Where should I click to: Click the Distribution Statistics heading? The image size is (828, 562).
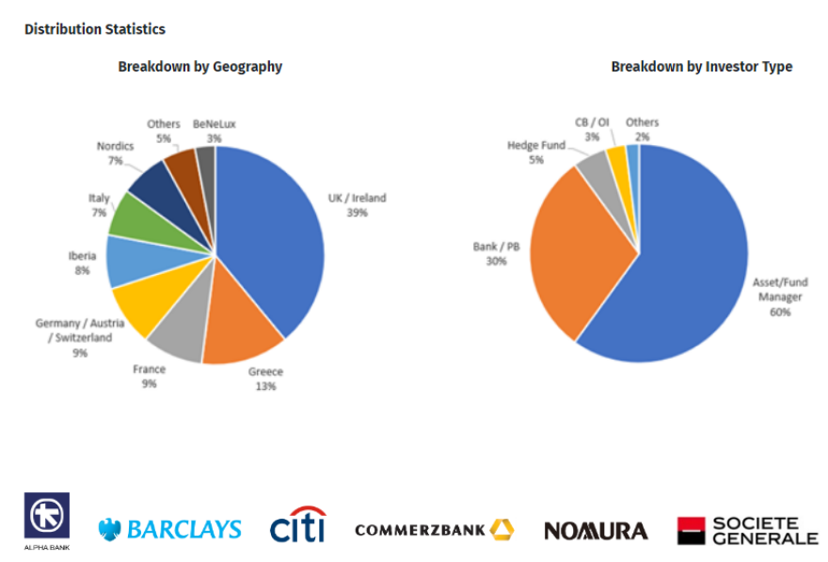95,29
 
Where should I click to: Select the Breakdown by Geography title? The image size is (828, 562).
199,67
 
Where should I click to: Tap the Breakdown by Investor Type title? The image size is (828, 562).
701,67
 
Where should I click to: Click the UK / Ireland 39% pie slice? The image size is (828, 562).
273,235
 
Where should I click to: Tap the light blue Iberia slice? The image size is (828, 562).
126,260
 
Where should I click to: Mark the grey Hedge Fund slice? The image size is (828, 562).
595,167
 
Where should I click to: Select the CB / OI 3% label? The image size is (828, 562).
592,130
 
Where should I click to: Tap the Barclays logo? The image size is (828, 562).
169,529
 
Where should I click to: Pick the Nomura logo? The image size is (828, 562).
596,531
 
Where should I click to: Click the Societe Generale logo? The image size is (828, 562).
747,530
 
